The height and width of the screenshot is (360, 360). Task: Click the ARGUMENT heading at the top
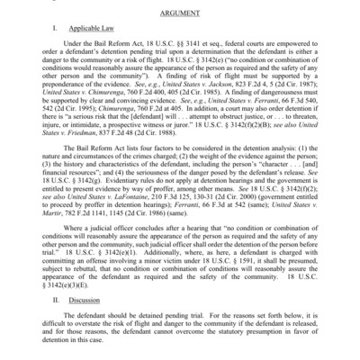[180, 16]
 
